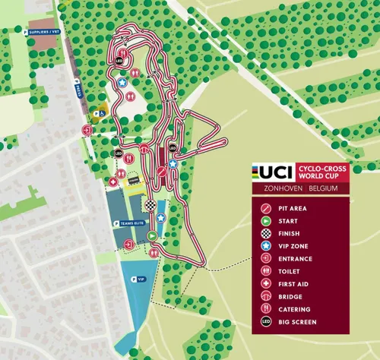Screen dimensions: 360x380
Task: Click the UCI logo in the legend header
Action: click(270, 171)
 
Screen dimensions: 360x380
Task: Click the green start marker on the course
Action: click(151, 236)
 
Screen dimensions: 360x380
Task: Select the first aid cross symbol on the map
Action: click(114, 182)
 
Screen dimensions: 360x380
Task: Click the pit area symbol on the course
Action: click(161, 171)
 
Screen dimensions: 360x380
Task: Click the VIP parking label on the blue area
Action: click(139, 279)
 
